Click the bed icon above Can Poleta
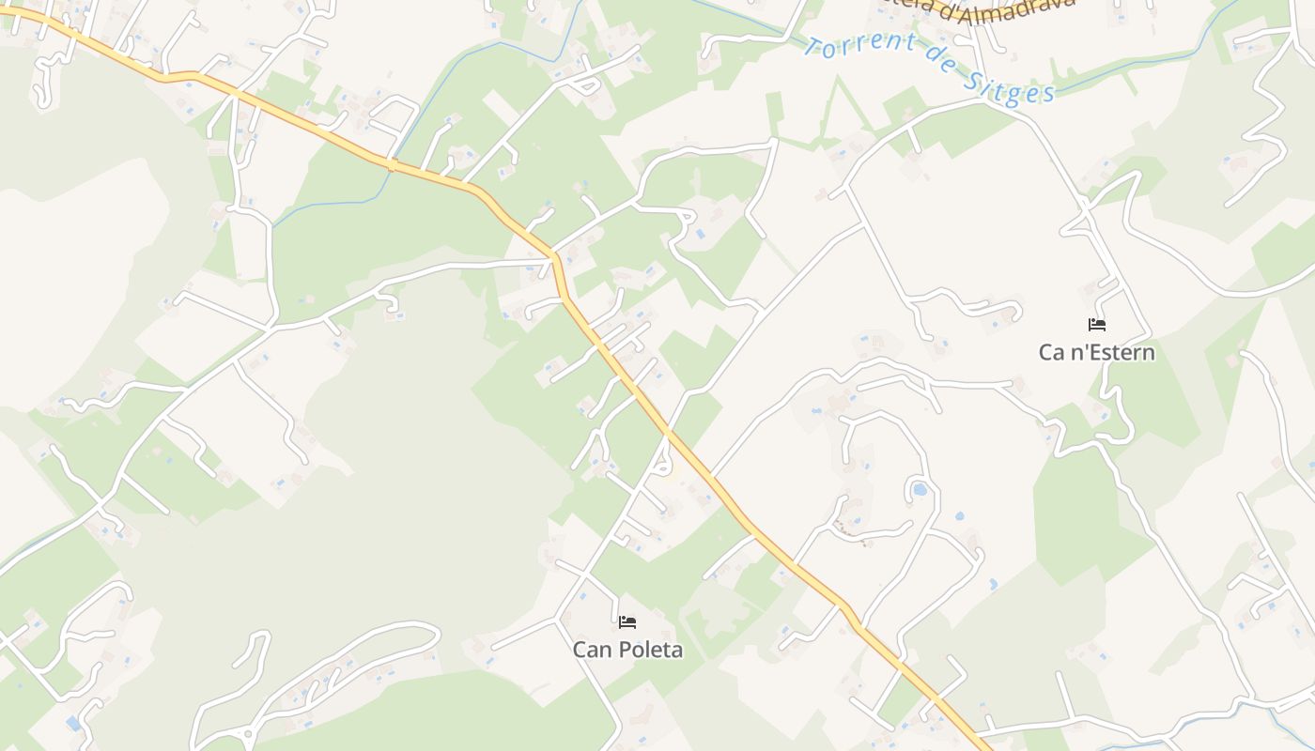[x=627, y=621]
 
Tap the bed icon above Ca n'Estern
[x=1096, y=325]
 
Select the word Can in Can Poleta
[x=592, y=649]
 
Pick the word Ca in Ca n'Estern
[x=1051, y=352]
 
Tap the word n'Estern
[x=1112, y=352]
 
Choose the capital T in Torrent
[x=812, y=43]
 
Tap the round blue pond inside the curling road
[x=920, y=489]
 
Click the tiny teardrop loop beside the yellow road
[x=661, y=464]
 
